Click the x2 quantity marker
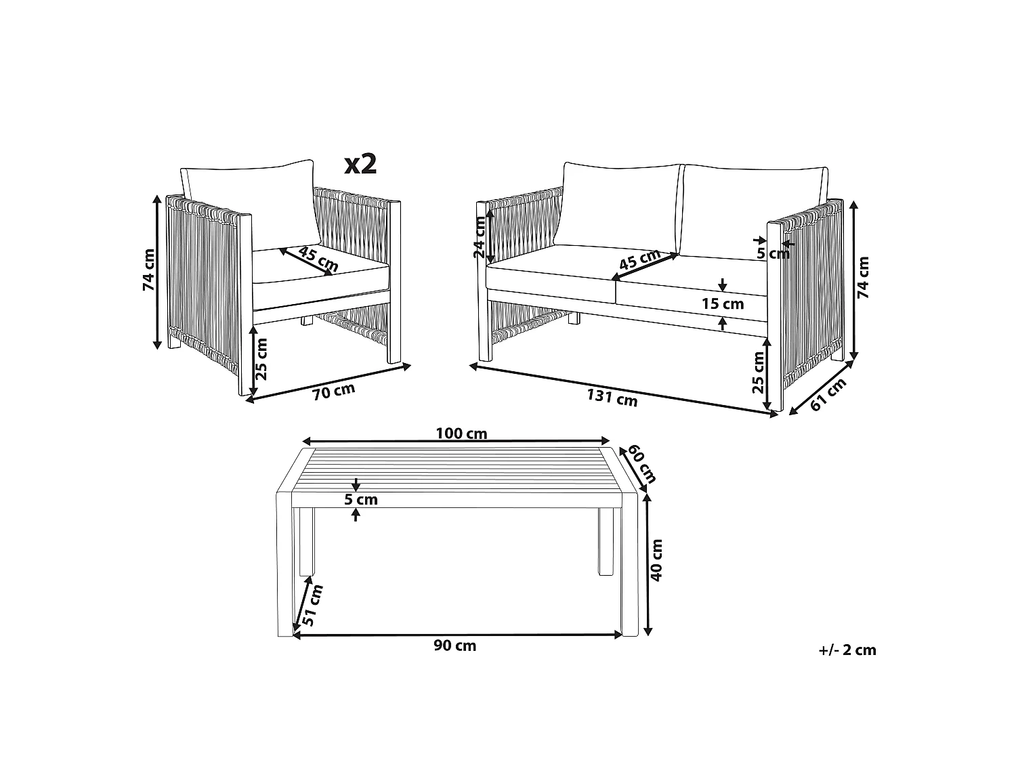pyautogui.click(x=360, y=164)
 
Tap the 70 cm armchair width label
pyautogui.click(x=333, y=391)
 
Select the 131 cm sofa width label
pyautogui.click(x=612, y=398)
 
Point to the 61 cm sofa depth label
pyautogui.click(x=828, y=394)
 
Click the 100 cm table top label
pyautogui.click(x=461, y=433)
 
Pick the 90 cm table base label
pyautogui.click(x=454, y=646)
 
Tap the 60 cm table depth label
pyautogui.click(x=641, y=463)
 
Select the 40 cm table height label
pyautogui.click(x=656, y=560)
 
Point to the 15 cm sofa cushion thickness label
pyautogui.click(x=723, y=304)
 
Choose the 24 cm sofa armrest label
pyautogui.click(x=480, y=237)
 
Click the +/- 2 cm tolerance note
pyautogui.click(x=847, y=650)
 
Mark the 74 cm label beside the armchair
pyautogui.click(x=149, y=270)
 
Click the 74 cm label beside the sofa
pyautogui.click(x=863, y=277)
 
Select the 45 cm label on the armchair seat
pyautogui.click(x=318, y=259)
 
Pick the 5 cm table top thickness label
pyautogui.click(x=360, y=500)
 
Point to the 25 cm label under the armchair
pyautogui.click(x=261, y=359)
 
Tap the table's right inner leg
pyautogui.click(x=606, y=542)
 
